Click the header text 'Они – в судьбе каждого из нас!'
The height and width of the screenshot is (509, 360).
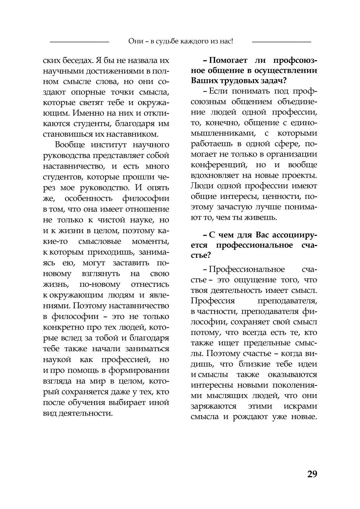pos(180,41)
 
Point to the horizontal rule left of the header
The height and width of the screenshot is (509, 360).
pos(79,42)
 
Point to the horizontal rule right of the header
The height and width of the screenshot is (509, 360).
pos(281,42)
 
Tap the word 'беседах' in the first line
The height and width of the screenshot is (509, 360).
pos(77,60)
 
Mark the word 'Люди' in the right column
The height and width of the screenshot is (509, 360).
pos(201,186)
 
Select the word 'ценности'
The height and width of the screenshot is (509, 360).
pos(283,197)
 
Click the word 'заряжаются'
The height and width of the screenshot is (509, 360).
pos(213,406)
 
